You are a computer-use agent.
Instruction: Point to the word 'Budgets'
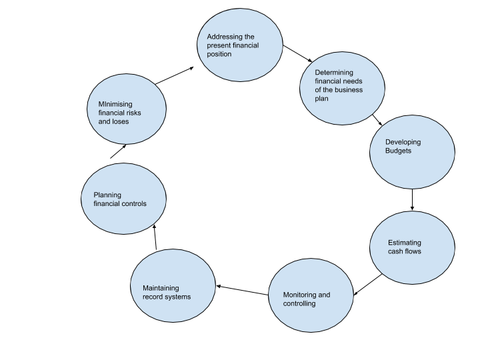399,151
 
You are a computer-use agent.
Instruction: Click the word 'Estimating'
405,243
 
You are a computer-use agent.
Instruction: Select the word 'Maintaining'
161,288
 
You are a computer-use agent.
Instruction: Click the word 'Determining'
334,73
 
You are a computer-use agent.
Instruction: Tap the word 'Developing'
403,142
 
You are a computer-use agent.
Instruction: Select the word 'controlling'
299,303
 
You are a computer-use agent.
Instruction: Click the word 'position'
219,54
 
